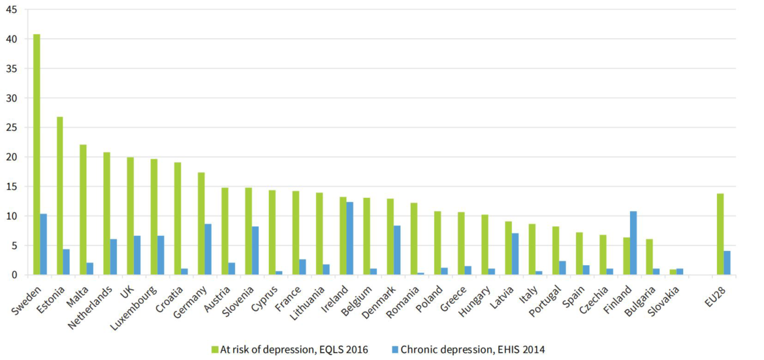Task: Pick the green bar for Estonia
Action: click(60, 196)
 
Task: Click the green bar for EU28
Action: click(720, 234)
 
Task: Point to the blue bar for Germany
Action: click(208, 250)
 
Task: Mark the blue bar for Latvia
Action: click(515, 254)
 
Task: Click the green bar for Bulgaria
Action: click(649, 257)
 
